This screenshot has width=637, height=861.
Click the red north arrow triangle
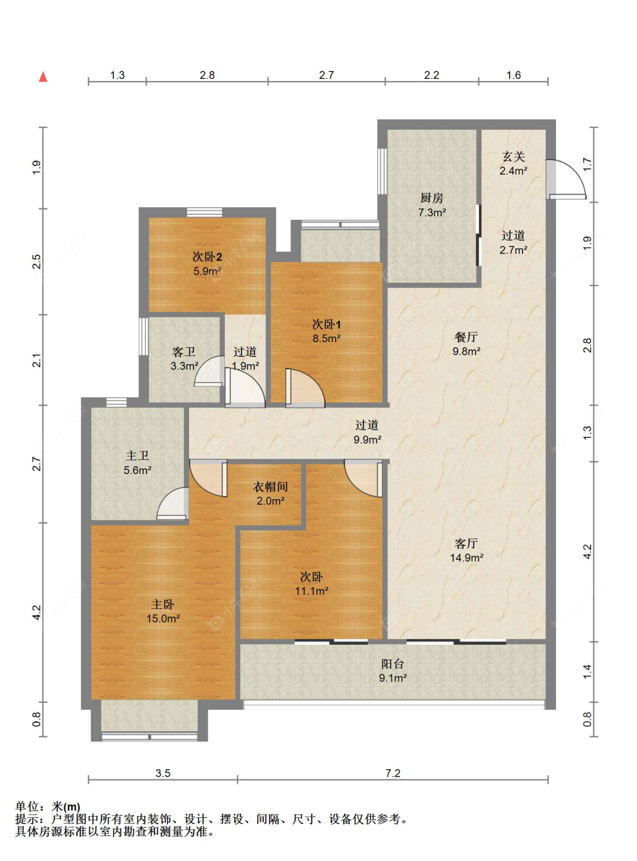pyautogui.click(x=43, y=77)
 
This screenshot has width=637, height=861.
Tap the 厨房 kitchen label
pyautogui.click(x=431, y=198)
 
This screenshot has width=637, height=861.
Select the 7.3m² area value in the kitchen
pyautogui.click(x=431, y=212)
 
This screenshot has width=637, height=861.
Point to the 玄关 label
pyautogui.click(x=513, y=157)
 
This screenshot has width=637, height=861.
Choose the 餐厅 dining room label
pyautogui.click(x=466, y=337)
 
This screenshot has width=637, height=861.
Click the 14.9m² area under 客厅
pyautogui.click(x=466, y=558)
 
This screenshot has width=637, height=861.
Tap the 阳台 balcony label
pyautogui.click(x=392, y=664)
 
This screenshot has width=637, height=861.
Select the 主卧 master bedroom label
pyautogui.click(x=163, y=604)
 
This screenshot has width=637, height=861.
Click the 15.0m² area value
pyautogui.click(x=163, y=619)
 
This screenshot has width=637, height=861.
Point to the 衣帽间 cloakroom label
pyautogui.click(x=270, y=487)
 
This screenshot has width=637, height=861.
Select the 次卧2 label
pyautogui.click(x=207, y=257)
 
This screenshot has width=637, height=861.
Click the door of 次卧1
pyautogui.click(x=305, y=388)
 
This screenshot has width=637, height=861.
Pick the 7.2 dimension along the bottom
pyautogui.click(x=392, y=773)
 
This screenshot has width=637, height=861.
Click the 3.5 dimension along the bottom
pyautogui.click(x=163, y=773)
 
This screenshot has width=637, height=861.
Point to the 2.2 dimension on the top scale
pyautogui.click(x=431, y=75)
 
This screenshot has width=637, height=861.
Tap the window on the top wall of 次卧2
pyautogui.click(x=204, y=212)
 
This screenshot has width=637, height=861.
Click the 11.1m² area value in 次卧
pyautogui.click(x=312, y=591)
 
